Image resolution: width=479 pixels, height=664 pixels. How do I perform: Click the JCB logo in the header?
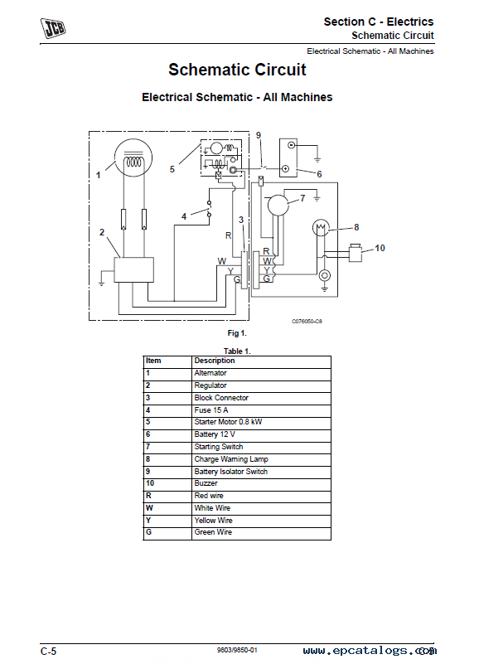53,28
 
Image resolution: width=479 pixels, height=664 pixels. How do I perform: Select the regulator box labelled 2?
133,269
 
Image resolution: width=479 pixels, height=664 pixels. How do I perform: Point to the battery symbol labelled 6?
288,158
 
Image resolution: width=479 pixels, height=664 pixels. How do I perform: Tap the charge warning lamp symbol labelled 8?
321,228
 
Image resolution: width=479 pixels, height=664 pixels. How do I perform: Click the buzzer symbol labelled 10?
355,253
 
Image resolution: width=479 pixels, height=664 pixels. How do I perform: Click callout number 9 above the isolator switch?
259,135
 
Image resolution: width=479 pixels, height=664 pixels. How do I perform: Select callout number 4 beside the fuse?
184,216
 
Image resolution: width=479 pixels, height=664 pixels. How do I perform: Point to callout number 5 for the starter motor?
172,169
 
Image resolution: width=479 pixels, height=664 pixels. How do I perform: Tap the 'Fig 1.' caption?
237,333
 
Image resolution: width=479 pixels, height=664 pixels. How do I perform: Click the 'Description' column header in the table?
215,361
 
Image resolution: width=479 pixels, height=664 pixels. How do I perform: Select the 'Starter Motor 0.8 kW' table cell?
228,422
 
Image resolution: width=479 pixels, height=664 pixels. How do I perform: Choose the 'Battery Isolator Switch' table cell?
231,472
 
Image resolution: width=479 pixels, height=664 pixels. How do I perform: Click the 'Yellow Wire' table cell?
214,521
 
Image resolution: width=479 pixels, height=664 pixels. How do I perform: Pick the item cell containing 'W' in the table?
149,507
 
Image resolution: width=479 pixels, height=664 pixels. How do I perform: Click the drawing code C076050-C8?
307,322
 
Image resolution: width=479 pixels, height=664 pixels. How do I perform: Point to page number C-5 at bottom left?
48,652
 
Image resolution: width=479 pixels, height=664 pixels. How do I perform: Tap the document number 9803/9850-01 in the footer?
237,650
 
